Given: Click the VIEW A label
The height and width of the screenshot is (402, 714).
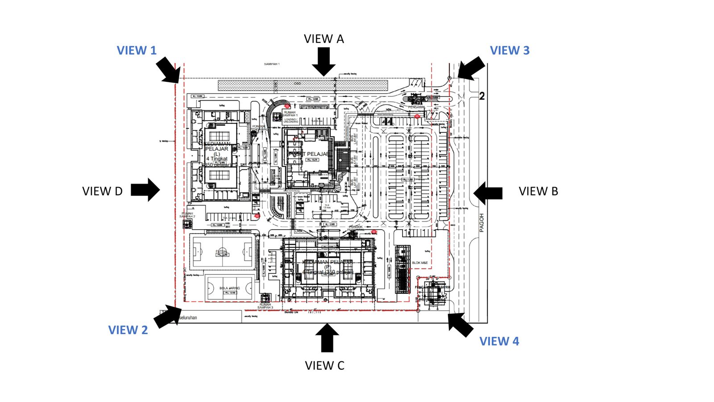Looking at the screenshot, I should [x=324, y=39].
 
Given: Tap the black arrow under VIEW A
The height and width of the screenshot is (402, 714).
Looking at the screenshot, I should [x=324, y=62].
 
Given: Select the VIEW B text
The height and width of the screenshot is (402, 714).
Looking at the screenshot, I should [x=538, y=191].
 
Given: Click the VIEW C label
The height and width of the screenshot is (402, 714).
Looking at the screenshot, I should [x=324, y=365].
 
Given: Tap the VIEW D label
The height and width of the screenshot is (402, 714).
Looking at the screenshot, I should [x=102, y=191].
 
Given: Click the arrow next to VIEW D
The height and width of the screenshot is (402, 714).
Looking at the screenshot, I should [x=145, y=190].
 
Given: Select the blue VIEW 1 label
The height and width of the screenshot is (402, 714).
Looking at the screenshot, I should [x=137, y=50].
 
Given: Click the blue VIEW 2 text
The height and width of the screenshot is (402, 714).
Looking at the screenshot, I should [x=128, y=330].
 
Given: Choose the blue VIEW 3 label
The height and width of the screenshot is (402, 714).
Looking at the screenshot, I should [x=510, y=50].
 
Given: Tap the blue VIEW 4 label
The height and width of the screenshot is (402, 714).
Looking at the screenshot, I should [x=499, y=341].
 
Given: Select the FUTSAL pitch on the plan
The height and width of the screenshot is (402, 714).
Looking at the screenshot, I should [x=222, y=251].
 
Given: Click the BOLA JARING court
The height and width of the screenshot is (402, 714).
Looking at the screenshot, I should [x=229, y=289].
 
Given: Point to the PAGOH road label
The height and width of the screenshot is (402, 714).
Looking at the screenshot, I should [x=482, y=222].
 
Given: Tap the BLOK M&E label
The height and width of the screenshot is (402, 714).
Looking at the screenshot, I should [x=419, y=263].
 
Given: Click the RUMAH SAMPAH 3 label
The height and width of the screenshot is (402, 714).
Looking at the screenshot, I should [x=265, y=306].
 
